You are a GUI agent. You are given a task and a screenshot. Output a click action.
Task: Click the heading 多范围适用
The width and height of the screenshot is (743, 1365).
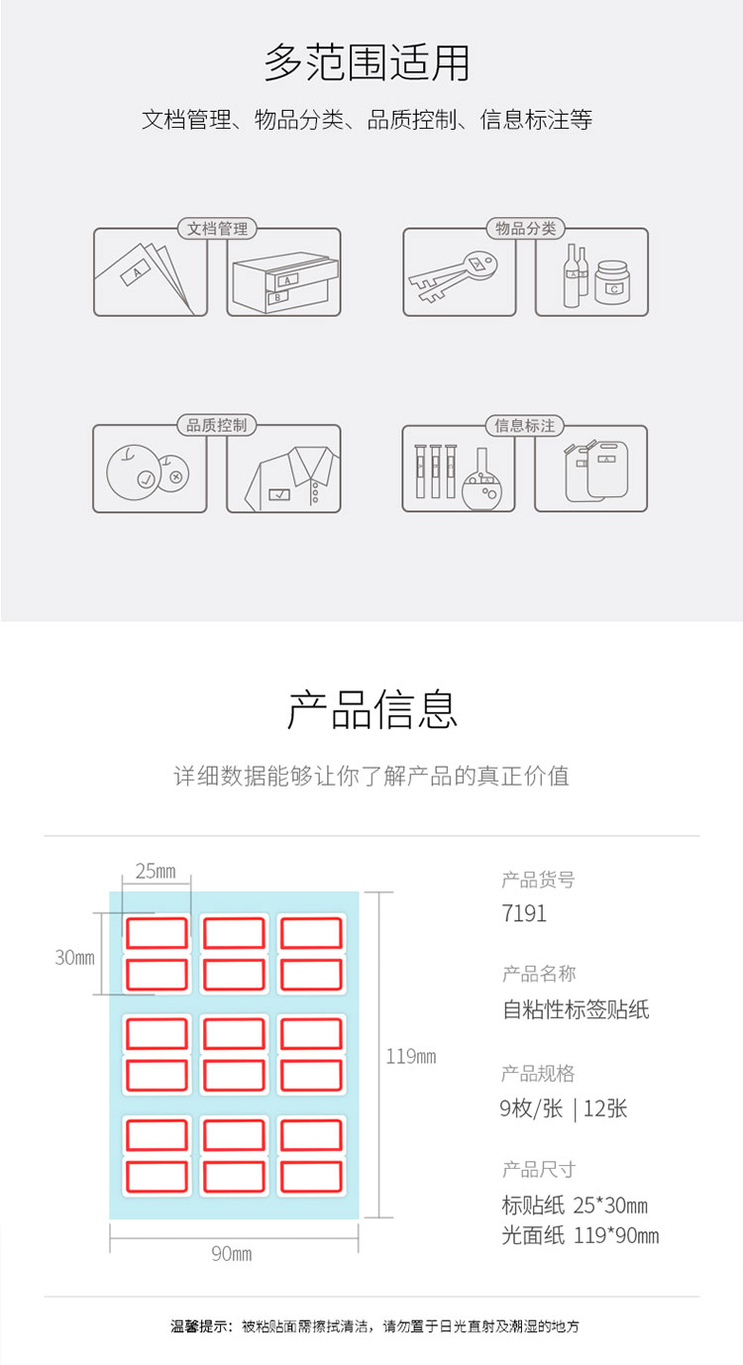click(x=367, y=62)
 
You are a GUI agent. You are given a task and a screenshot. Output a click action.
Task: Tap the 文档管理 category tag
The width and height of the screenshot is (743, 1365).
click(x=217, y=229)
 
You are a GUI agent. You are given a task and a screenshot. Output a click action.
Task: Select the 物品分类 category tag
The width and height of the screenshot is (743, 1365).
click(x=525, y=229)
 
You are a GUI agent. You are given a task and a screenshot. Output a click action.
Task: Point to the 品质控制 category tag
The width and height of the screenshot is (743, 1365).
click(x=216, y=425)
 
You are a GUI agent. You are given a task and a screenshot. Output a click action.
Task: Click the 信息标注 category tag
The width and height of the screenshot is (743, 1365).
click(x=525, y=425)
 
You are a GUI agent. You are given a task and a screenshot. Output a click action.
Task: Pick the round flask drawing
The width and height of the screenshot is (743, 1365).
click(x=482, y=481)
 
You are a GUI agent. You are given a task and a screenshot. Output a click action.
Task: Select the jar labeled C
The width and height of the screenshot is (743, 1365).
click(x=612, y=283)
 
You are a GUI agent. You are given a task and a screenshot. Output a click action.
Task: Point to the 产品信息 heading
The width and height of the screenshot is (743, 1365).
click(x=372, y=710)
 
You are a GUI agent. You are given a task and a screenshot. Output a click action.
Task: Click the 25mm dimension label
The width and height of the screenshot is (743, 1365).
click(x=156, y=871)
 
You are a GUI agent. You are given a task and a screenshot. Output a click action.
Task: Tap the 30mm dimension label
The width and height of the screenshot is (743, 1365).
click(x=74, y=957)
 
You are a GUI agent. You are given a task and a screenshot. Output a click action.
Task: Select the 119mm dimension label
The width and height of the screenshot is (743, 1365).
click(x=411, y=1056)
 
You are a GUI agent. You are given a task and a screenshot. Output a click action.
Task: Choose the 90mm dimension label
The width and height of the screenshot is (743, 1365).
click(x=232, y=1253)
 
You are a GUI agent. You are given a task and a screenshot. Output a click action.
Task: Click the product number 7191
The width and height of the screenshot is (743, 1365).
click(x=524, y=913)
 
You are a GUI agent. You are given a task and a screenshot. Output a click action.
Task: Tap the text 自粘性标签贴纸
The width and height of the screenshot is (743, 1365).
click(x=576, y=1009)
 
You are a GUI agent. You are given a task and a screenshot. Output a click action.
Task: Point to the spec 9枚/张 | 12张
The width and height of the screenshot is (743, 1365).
click(x=563, y=1108)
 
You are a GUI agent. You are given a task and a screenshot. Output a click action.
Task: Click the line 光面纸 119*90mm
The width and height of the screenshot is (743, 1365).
click(x=581, y=1235)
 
